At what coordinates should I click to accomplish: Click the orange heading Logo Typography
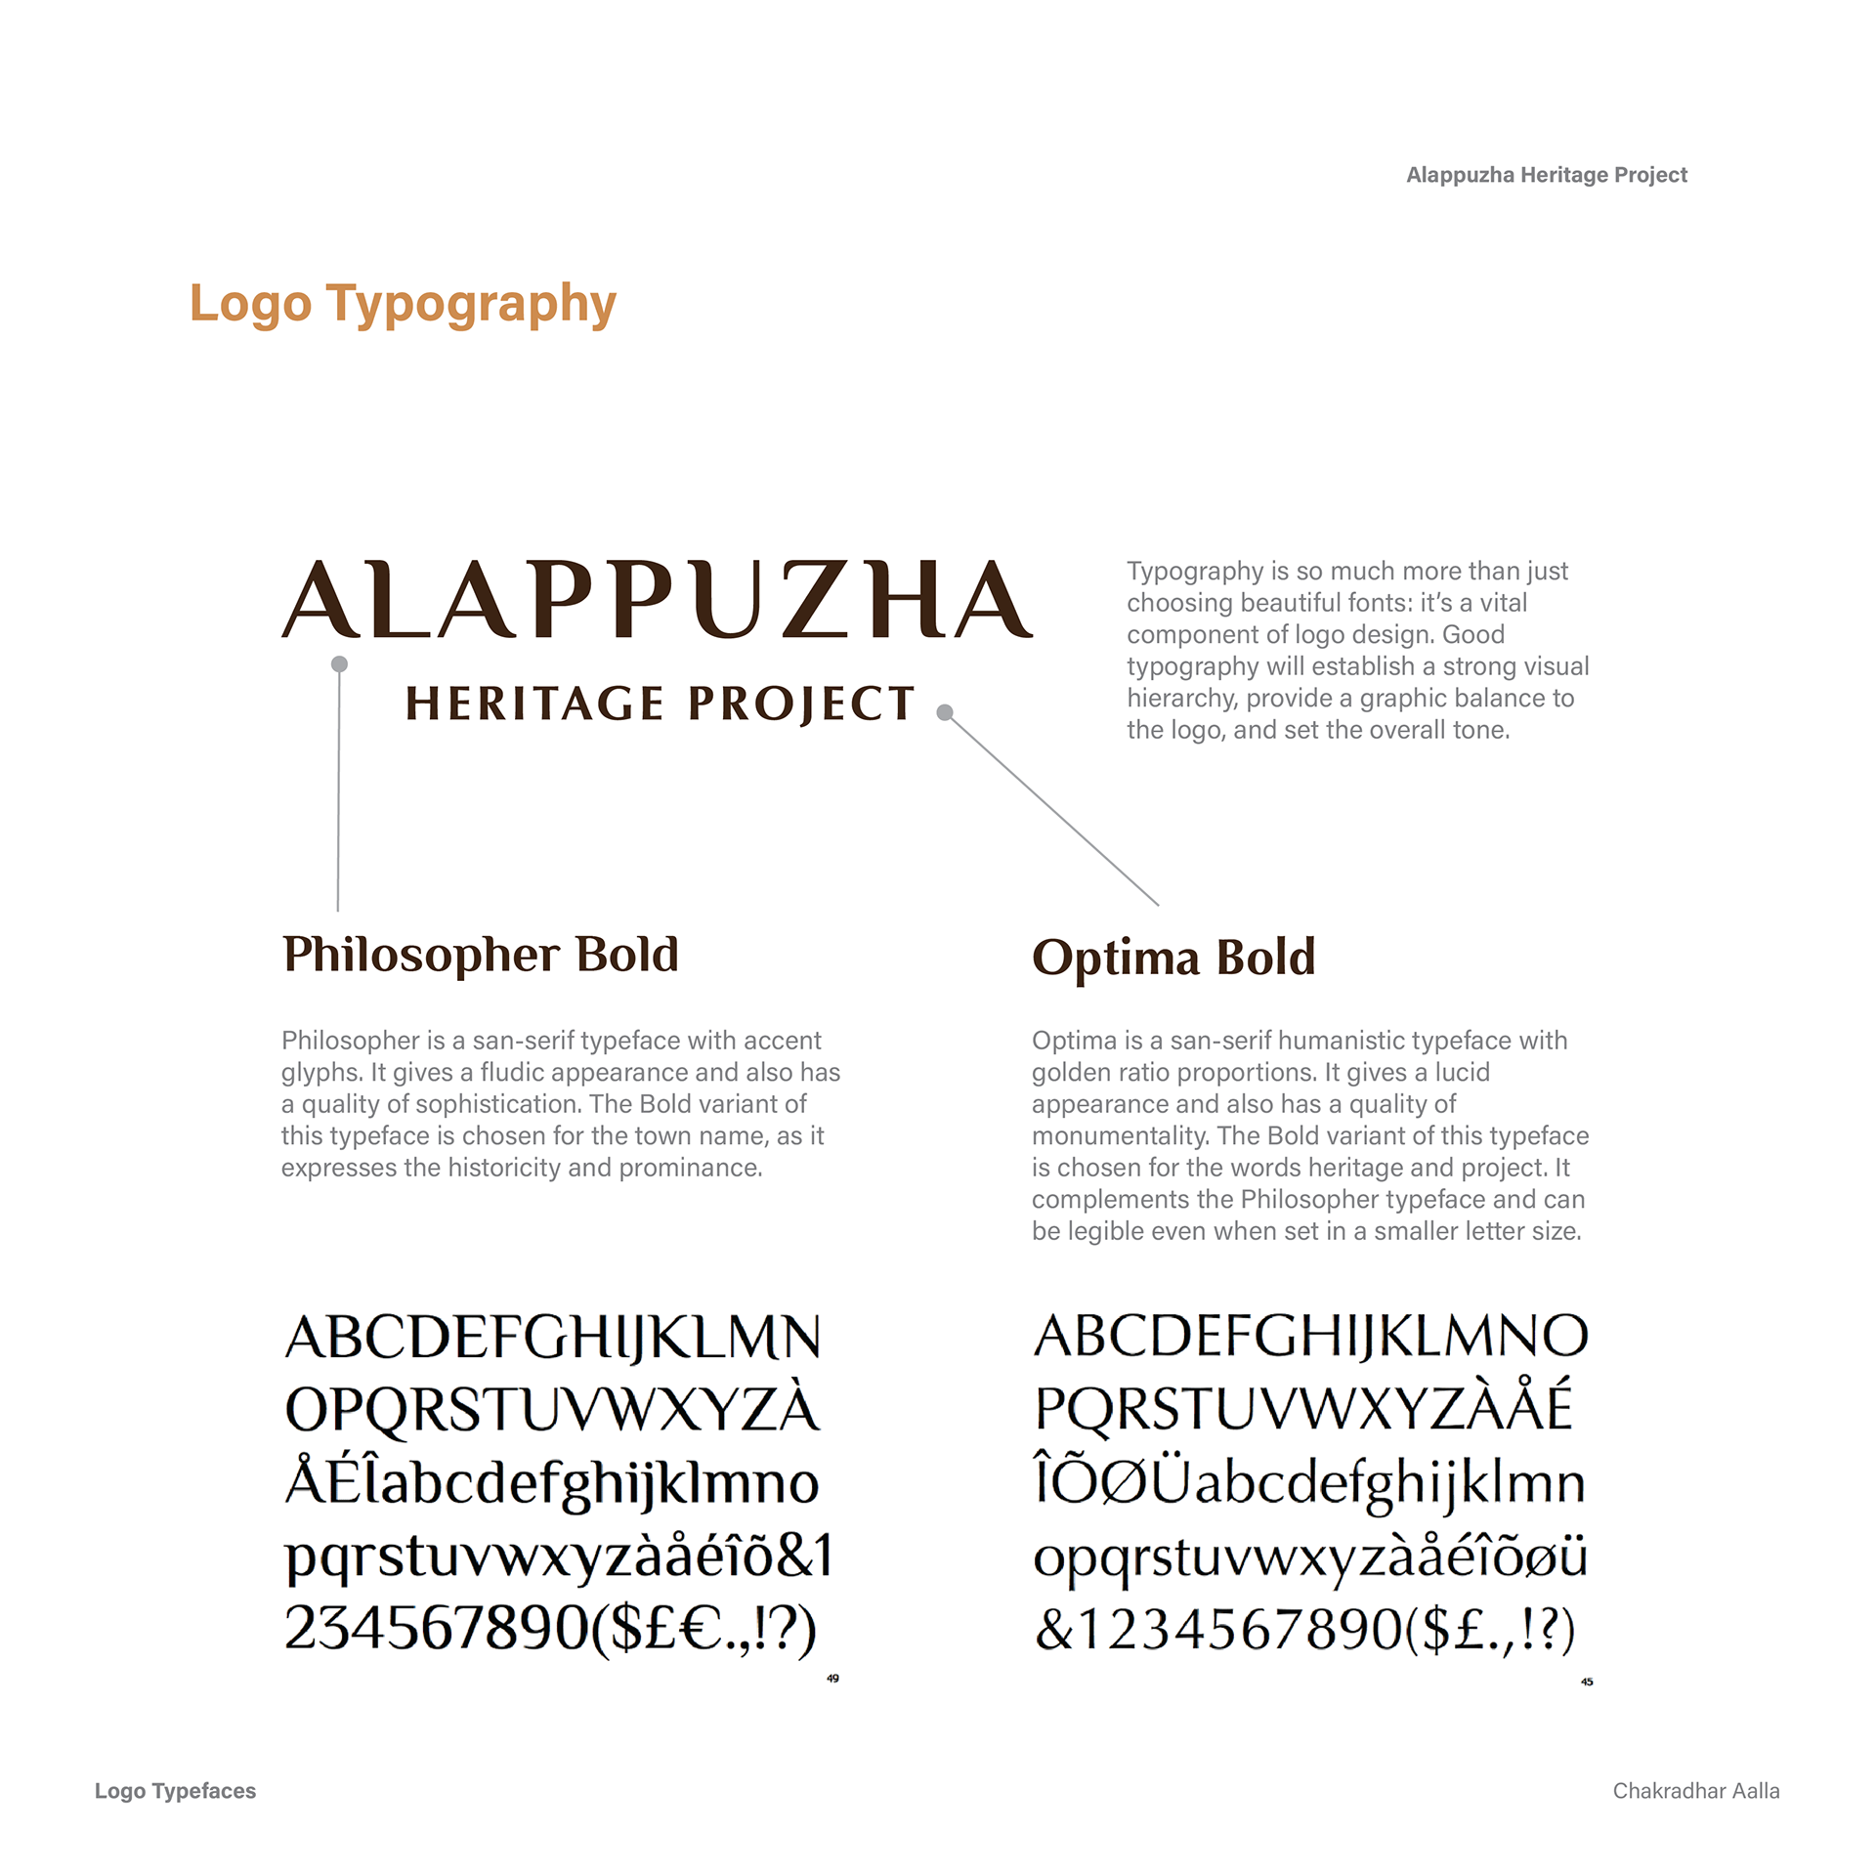point(403,304)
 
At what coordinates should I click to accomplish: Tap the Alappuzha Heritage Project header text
point(1546,175)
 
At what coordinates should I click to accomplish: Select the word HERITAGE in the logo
point(534,703)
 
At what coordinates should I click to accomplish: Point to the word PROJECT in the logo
point(801,704)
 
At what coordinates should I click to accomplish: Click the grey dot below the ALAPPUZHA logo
point(339,664)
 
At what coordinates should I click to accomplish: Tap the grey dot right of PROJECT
point(945,712)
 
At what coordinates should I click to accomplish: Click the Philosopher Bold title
point(480,955)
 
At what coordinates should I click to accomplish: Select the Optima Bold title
point(1173,958)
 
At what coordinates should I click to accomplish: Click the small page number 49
point(832,1679)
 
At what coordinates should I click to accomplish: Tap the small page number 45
point(1587,1682)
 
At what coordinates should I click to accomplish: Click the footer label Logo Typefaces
point(175,1791)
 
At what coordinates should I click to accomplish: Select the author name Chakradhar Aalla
point(1695,1791)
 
